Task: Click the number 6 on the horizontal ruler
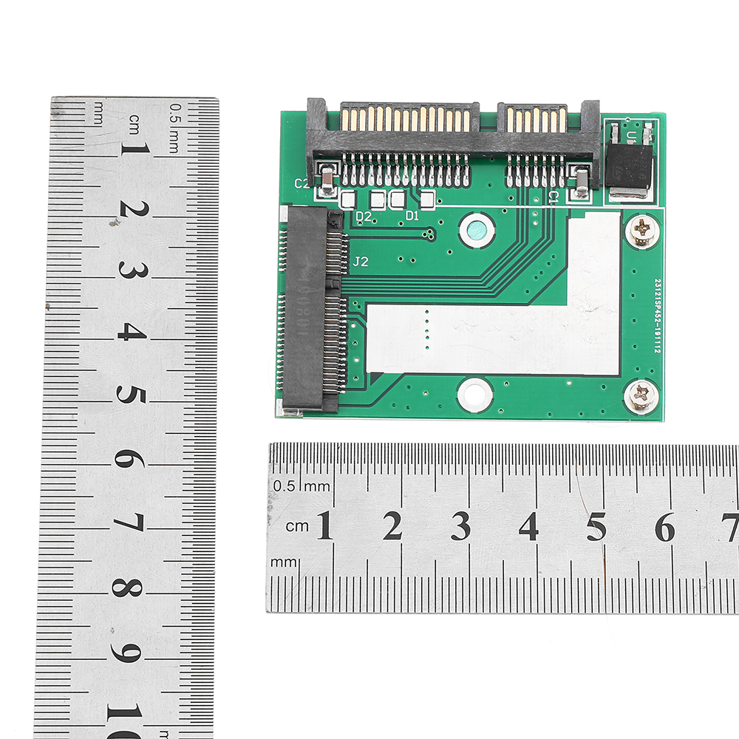(665, 527)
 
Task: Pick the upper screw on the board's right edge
(641, 230)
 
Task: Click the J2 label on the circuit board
(361, 261)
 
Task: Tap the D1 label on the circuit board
(412, 216)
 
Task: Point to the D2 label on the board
(363, 217)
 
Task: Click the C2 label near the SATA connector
(302, 183)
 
